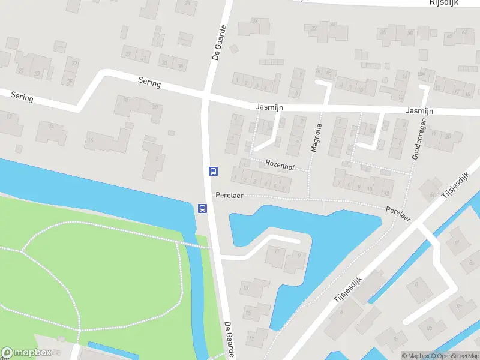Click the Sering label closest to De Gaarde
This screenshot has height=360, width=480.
149,83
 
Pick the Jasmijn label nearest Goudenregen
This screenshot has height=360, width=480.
419,111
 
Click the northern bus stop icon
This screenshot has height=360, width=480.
212,171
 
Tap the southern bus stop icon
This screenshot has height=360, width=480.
203,209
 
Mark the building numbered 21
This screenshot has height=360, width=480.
21,71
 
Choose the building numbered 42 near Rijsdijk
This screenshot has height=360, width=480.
465,32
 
